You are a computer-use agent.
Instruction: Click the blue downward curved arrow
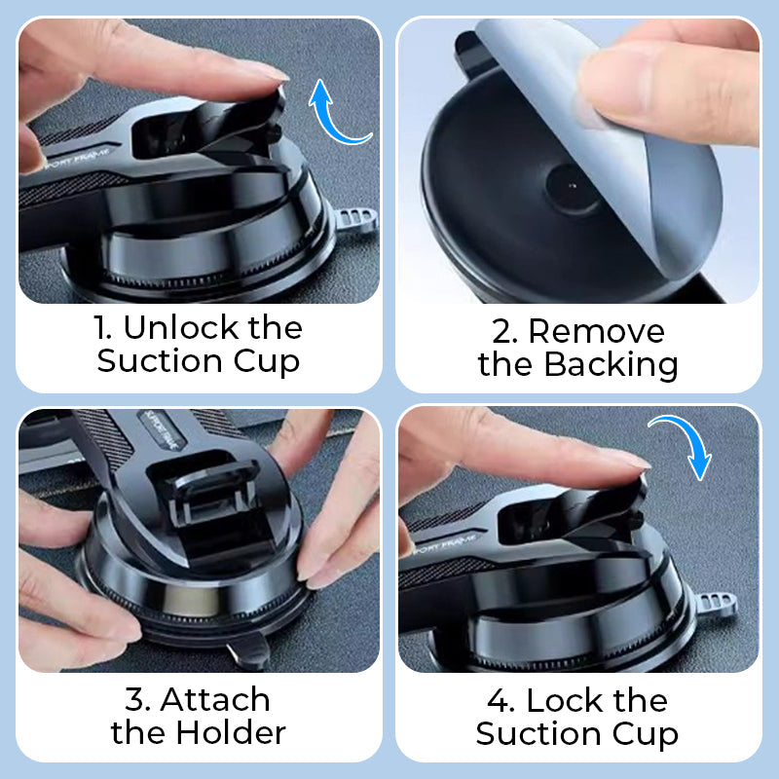tap(682, 444)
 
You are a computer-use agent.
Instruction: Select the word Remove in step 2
tap(596, 331)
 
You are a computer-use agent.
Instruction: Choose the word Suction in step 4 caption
tap(536, 733)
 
